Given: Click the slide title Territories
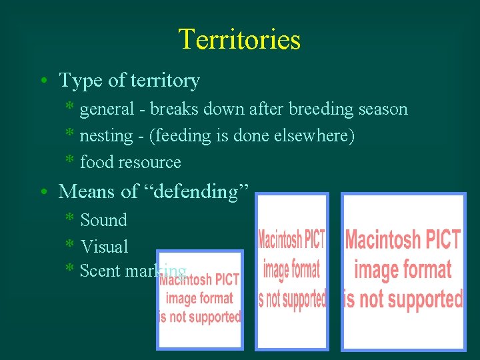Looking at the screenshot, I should click(239, 39).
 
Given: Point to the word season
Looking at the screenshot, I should click(381, 109).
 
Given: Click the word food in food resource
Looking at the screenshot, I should click(94, 162).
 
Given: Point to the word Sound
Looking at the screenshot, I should click(103, 220).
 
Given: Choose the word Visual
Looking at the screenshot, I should click(104, 247).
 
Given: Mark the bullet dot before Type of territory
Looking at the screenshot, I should click(42, 81).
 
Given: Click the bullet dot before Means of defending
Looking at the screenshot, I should click(42, 192).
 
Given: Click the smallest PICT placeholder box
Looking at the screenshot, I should click(200, 299).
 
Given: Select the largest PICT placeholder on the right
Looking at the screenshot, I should click(403, 271).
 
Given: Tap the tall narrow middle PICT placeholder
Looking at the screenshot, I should click(292, 271).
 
